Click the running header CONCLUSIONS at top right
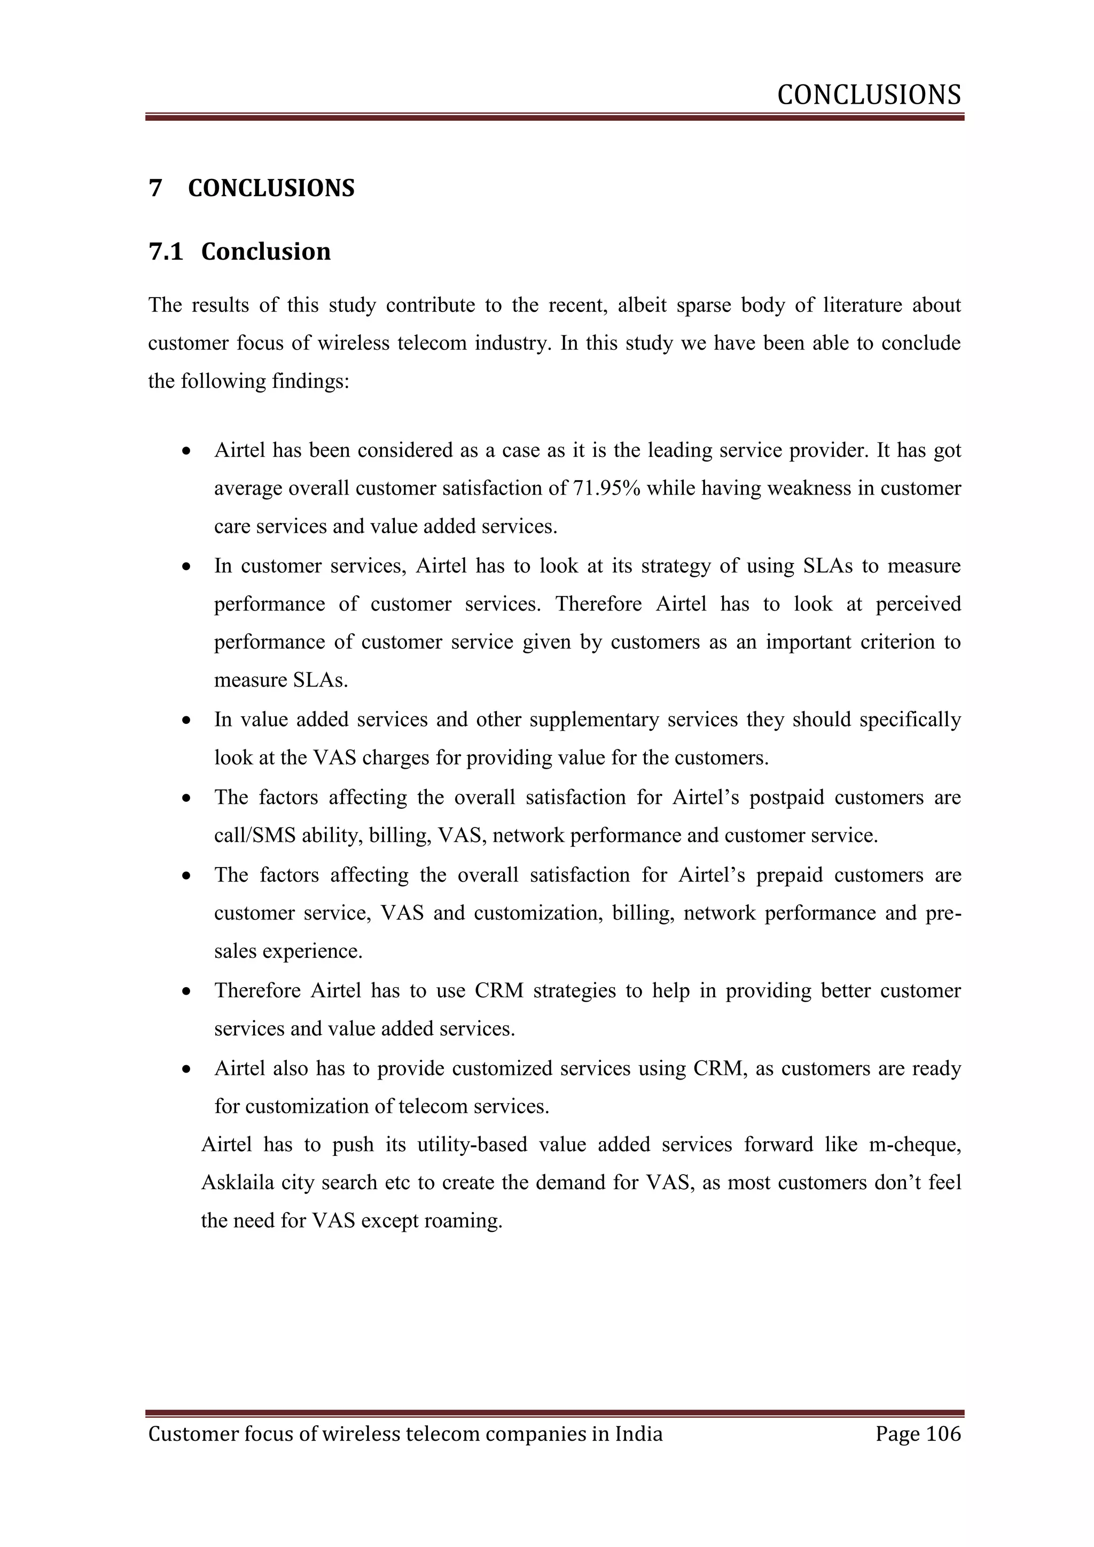tap(869, 96)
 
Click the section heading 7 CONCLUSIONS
tap(251, 188)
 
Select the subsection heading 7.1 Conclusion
tap(239, 251)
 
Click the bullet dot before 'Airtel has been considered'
tap(186, 451)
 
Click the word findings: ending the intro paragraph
tap(310, 381)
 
